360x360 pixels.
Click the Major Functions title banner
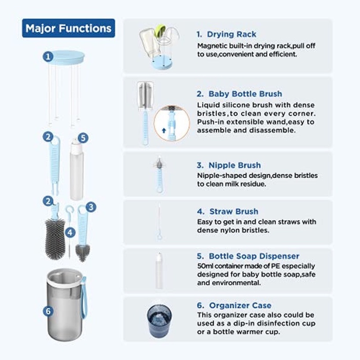click(68, 29)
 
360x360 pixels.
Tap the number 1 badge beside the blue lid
click(48, 57)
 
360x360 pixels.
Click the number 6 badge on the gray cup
click(48, 311)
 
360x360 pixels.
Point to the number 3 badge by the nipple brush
click(91, 207)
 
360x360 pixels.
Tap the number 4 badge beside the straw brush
click(70, 231)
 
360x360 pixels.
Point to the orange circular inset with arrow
click(172, 123)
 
